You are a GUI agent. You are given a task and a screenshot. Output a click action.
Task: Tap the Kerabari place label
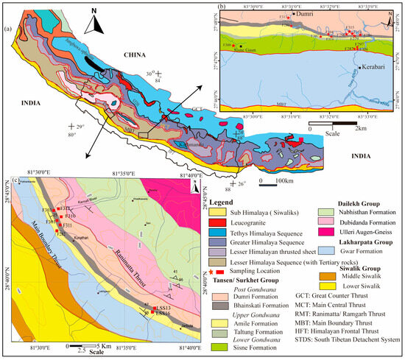[x=374, y=69]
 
